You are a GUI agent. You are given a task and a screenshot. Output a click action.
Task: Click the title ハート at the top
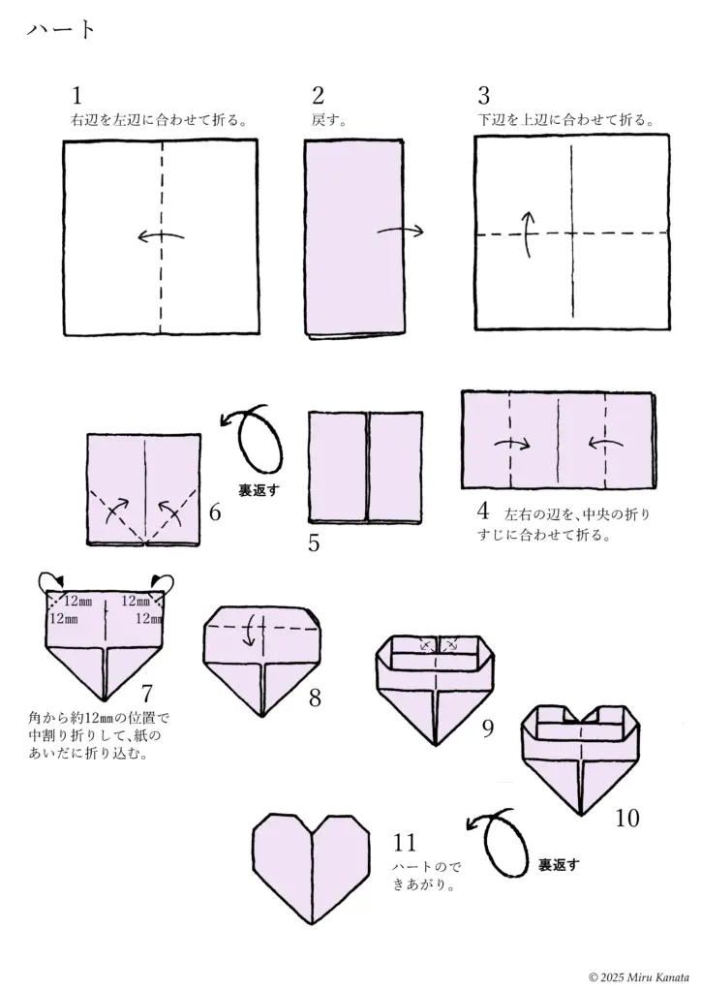tap(61, 29)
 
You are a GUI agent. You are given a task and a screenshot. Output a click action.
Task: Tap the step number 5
tap(314, 542)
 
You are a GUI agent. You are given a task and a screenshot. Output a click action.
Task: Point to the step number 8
tap(316, 697)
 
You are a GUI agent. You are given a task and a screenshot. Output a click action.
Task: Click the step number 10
tap(626, 819)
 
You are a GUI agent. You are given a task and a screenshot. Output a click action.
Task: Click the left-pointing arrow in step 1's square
tap(160, 236)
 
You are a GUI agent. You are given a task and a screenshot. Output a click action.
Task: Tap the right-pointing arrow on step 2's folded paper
tap(400, 231)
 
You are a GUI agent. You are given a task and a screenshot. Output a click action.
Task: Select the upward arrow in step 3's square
tap(529, 234)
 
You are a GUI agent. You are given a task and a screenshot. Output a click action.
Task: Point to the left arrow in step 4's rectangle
tap(605, 445)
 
